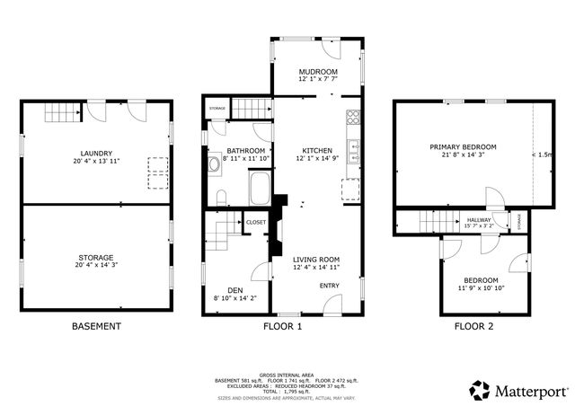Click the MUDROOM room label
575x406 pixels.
pyautogui.click(x=318, y=72)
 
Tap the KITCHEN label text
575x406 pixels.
pyautogui.click(x=317, y=150)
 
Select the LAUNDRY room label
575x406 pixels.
pyautogui.click(x=95, y=153)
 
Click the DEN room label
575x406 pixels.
pyautogui.click(x=234, y=290)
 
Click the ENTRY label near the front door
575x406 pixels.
pyautogui.click(x=330, y=286)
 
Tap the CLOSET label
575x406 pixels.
pyautogui.click(x=256, y=221)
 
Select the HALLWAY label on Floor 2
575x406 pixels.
pyautogui.click(x=478, y=219)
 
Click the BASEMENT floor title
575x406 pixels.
pyautogui.click(x=96, y=327)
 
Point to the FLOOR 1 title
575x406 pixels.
pyautogui.click(x=281, y=327)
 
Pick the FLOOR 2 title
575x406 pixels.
pyautogui.click(x=473, y=327)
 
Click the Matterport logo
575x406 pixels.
pyautogui.click(x=520, y=391)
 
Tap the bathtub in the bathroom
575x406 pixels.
pyautogui.click(x=261, y=190)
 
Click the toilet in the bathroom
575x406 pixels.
pyautogui.click(x=220, y=197)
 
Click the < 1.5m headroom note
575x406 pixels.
pyautogui.click(x=542, y=155)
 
